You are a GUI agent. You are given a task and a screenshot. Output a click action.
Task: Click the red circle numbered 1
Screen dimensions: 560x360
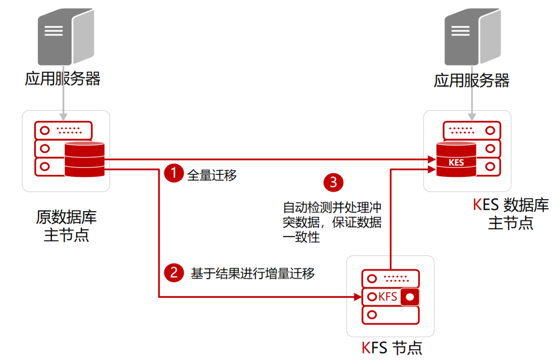174,173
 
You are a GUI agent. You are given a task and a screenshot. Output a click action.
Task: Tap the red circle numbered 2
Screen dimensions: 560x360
174,272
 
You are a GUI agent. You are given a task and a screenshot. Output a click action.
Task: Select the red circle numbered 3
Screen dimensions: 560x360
333,183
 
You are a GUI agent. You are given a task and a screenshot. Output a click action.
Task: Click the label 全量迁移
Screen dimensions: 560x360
212,175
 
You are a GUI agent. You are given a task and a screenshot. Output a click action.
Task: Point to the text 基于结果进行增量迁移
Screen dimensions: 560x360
253,273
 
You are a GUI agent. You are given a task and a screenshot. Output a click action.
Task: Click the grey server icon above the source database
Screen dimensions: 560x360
66,36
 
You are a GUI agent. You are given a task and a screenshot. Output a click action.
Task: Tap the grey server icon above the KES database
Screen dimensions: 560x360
472,36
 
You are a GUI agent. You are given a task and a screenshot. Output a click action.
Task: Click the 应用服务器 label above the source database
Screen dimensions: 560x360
63,78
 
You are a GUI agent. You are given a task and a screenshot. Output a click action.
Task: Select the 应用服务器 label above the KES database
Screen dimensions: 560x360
471,80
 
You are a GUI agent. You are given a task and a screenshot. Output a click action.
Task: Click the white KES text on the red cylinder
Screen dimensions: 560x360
456,162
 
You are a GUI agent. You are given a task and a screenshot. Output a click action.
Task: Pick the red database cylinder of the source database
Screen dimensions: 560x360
85,159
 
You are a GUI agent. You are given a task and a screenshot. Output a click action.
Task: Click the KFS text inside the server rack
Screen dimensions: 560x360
387,296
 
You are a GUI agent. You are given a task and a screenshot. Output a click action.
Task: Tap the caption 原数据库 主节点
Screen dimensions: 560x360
66,226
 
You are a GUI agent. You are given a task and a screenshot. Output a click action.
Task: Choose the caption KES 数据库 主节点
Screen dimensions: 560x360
511,214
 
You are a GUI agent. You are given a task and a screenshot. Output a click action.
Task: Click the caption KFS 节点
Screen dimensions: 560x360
391,348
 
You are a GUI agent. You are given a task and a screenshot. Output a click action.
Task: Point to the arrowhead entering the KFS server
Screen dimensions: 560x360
358,296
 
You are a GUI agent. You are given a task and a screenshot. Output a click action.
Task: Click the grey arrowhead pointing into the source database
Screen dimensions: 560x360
63,117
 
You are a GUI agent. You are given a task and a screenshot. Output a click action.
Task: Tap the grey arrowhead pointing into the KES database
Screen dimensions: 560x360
472,117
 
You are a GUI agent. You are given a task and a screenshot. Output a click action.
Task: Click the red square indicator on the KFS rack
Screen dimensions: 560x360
410,297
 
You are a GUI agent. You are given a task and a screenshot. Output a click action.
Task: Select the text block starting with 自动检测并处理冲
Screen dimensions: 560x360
332,222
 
